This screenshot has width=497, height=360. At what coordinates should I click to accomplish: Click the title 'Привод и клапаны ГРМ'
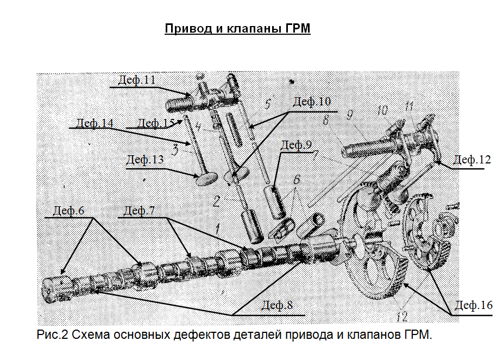[237, 28]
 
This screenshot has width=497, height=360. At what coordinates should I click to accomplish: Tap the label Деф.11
[136, 80]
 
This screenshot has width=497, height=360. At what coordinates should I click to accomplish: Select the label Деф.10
[312, 102]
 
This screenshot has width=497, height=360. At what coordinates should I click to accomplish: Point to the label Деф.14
[95, 123]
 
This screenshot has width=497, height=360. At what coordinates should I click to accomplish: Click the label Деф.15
[155, 123]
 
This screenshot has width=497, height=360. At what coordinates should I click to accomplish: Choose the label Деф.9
[297, 145]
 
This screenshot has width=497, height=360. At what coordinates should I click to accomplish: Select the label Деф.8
[276, 305]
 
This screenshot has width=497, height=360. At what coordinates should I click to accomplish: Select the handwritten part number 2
[216, 201]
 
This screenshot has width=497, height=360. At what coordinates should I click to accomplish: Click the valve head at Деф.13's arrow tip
[205, 178]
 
